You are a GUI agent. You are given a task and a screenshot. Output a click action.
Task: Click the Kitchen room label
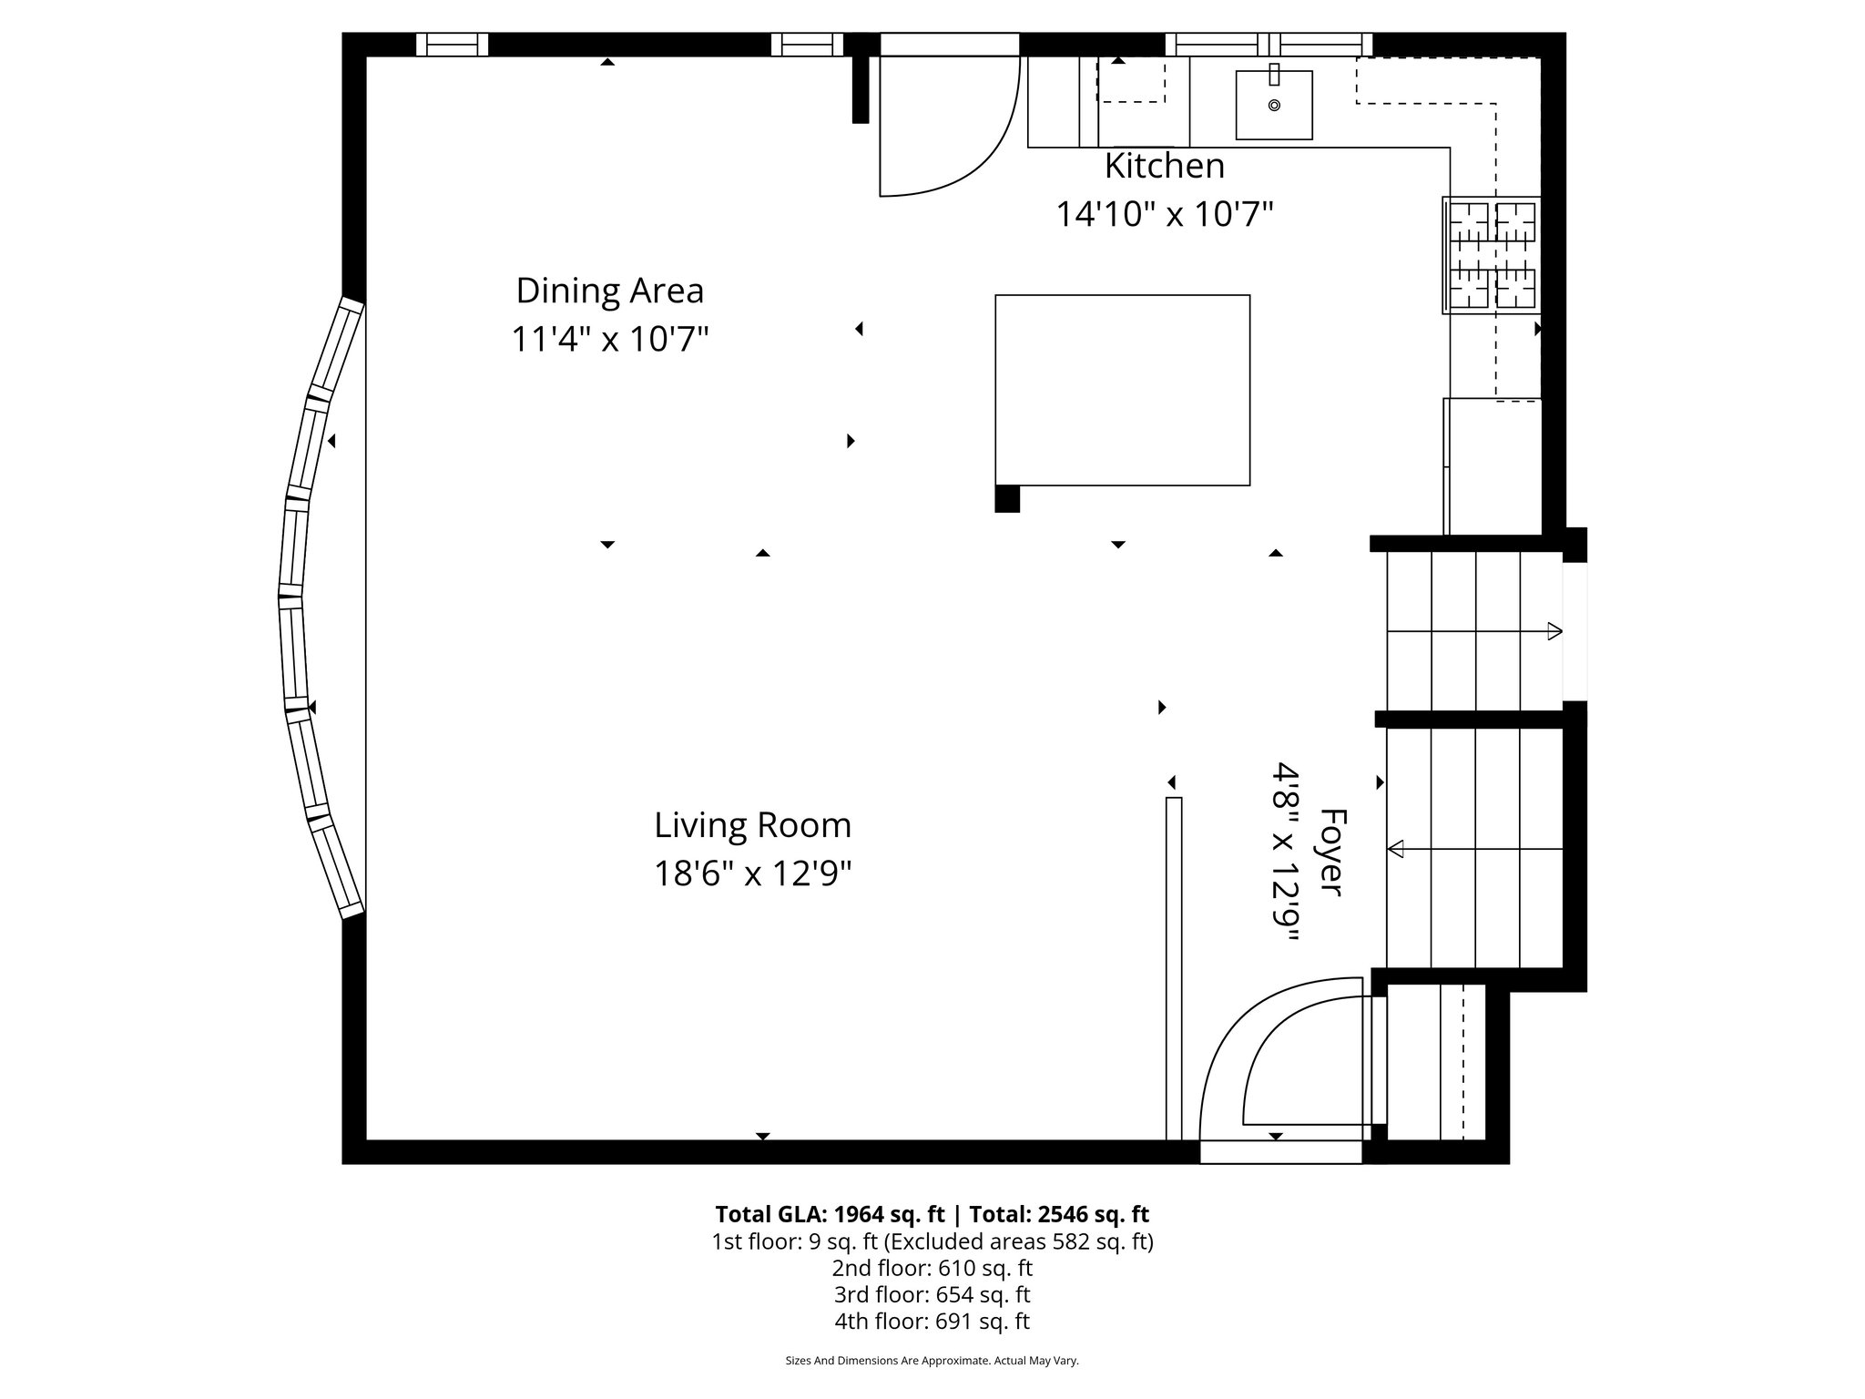point(1164,167)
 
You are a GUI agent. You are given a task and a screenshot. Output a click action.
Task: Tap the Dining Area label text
point(609,291)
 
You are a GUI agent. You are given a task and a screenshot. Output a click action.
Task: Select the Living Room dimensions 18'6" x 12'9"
point(752,873)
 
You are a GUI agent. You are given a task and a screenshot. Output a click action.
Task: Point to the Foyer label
point(1331,852)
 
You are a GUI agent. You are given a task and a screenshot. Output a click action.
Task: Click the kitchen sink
point(1273,105)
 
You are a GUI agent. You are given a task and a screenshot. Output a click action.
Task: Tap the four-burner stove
point(1492,255)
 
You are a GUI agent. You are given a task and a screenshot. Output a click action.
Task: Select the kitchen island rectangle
point(1122,389)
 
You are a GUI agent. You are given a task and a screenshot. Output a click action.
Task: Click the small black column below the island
point(1007,499)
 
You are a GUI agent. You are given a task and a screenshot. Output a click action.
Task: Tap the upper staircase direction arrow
point(1554,631)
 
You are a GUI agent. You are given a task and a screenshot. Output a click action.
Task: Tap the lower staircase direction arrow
point(1396,849)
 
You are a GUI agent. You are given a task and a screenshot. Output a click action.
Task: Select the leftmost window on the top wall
point(452,45)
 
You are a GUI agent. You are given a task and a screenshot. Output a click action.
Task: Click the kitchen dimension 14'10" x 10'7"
point(1164,215)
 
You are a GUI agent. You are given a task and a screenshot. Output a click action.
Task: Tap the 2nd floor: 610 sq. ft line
point(932,1268)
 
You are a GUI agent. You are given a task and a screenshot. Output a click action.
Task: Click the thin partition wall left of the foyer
point(1174,965)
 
